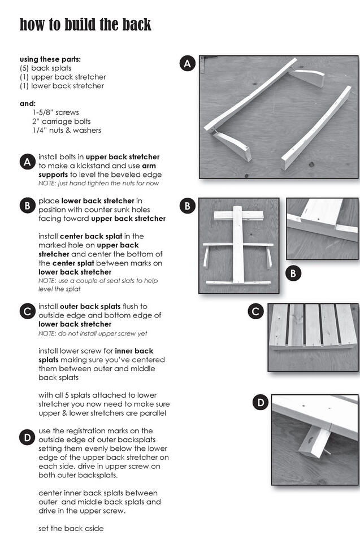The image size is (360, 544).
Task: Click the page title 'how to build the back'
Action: [85, 24]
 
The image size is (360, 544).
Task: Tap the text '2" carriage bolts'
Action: [61, 121]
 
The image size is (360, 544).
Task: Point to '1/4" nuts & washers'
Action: [67, 130]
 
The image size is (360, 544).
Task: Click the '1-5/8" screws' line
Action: [55, 112]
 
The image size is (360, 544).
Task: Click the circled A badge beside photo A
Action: [188, 64]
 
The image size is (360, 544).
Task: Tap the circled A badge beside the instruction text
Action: [27, 163]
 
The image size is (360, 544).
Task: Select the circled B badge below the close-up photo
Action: [293, 273]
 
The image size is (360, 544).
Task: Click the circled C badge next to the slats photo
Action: [255, 311]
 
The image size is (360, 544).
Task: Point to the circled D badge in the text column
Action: [27, 437]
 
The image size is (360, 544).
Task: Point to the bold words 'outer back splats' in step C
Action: [96, 307]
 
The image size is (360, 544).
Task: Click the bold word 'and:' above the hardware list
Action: [28, 103]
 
